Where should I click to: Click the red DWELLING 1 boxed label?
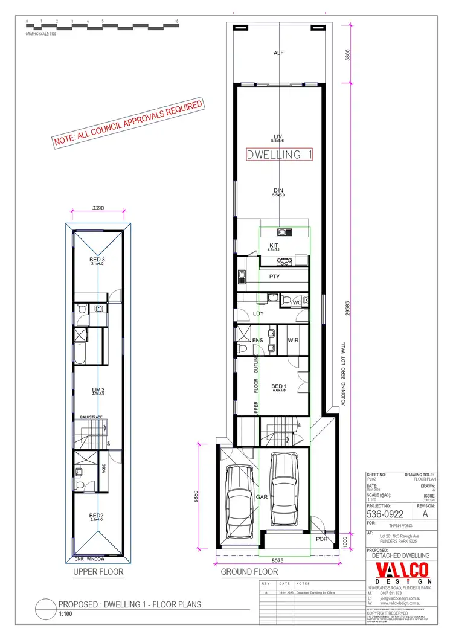click(279, 155)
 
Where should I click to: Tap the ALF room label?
click(278, 53)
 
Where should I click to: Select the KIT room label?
click(273, 245)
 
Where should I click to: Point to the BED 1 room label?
click(278, 386)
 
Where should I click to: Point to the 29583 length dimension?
click(348, 309)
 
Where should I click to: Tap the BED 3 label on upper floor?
click(97, 260)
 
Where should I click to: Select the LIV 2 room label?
click(98, 389)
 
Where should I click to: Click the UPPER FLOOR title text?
click(98, 571)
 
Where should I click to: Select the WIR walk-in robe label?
click(294, 341)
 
